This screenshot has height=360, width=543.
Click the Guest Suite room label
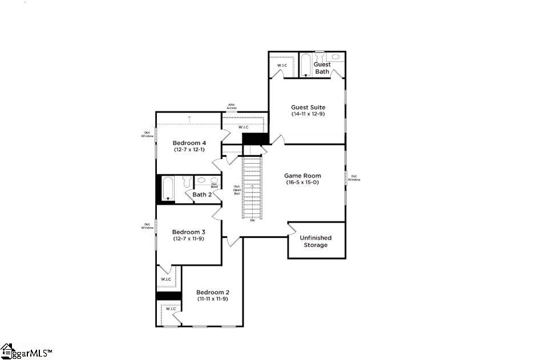(308, 107)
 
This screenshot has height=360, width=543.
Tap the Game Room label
(302, 176)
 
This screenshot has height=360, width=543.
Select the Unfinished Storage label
(315, 241)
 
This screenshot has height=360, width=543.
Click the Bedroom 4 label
(189, 143)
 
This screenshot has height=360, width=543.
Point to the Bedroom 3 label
(188, 232)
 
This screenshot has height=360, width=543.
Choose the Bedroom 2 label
(212, 292)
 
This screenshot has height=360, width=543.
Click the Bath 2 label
(202, 195)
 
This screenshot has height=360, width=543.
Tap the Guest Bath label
(322, 68)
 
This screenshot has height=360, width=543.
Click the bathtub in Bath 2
(168, 188)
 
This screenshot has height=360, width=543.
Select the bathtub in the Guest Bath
(306, 65)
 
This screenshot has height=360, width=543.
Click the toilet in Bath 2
(187, 182)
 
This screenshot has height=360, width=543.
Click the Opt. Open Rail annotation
(237, 190)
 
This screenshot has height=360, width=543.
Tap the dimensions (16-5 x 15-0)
(302, 183)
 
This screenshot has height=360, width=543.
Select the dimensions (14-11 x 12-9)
(308, 114)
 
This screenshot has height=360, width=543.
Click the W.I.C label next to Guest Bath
(282, 66)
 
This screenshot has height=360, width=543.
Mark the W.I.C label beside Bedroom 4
(244, 127)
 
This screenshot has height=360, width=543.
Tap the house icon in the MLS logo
(7, 350)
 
